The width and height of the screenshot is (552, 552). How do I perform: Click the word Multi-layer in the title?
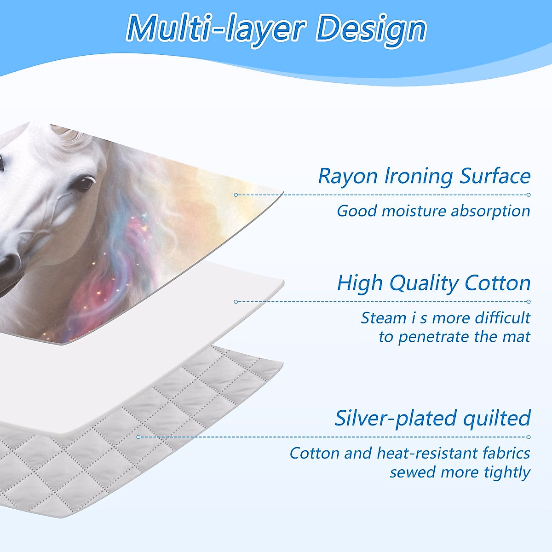point(215,29)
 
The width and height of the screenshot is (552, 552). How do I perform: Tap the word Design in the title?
point(371,29)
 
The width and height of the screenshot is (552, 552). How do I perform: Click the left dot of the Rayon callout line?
point(236,195)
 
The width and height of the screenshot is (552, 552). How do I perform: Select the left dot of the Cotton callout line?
point(236,302)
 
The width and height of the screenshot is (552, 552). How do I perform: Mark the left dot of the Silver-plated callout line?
point(138,437)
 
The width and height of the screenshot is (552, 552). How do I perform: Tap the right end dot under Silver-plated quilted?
point(529,437)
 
